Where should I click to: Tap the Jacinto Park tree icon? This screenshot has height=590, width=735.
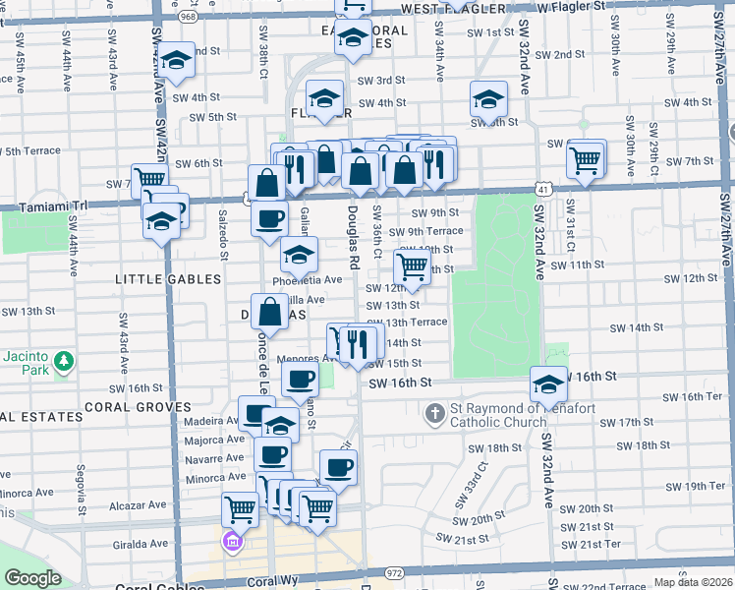(65, 362)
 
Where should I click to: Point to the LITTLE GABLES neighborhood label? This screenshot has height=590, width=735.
(168, 279)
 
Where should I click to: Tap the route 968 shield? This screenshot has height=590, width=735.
(188, 16)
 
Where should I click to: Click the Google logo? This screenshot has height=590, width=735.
(32, 578)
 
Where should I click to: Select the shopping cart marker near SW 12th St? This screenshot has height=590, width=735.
(413, 265)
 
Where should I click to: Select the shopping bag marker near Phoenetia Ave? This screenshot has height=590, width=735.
(269, 312)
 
